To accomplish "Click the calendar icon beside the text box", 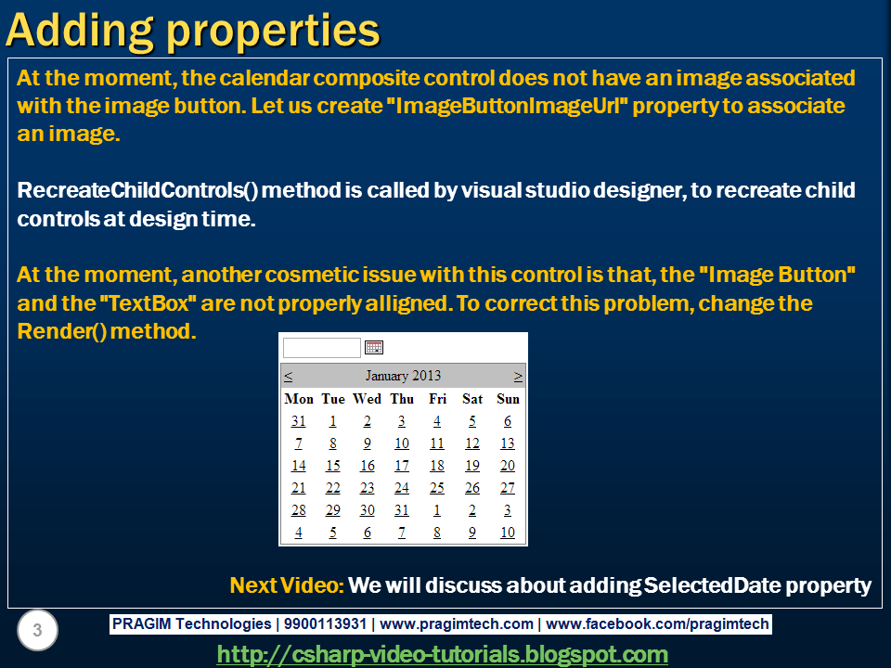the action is coord(374,347).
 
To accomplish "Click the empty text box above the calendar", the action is coord(322,348).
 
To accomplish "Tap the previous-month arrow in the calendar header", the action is coord(288,376).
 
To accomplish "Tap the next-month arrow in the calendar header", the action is coord(518,376).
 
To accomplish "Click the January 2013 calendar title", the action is coord(403,376).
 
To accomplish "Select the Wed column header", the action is coord(368,399).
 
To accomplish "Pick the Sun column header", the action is coord(508,399).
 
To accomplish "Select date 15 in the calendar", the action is coord(333,466).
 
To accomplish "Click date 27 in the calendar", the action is coord(508,488).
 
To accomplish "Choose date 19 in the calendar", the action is coord(472,466).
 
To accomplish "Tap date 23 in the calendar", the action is coord(368,488).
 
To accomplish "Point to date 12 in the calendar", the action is coord(472,443).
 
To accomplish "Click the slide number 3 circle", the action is coord(37,630).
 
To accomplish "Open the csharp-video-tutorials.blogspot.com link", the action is coord(442,654).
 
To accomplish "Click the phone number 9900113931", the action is coord(325,623).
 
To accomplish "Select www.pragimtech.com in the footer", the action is coord(457,624).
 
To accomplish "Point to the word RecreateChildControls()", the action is coord(137,190).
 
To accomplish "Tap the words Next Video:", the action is coord(287,585).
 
